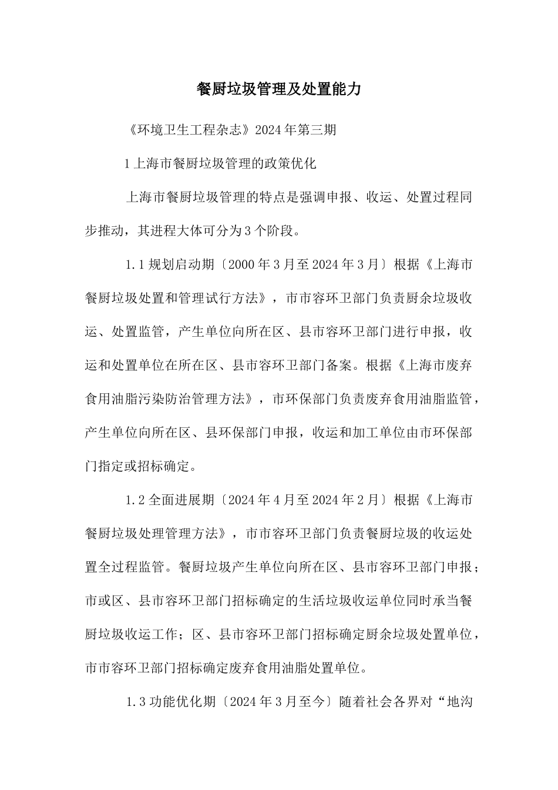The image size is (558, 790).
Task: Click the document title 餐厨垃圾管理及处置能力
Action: pos(278,89)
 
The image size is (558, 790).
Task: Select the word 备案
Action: pos(341,366)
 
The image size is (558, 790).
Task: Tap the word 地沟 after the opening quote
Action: pos(460,702)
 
